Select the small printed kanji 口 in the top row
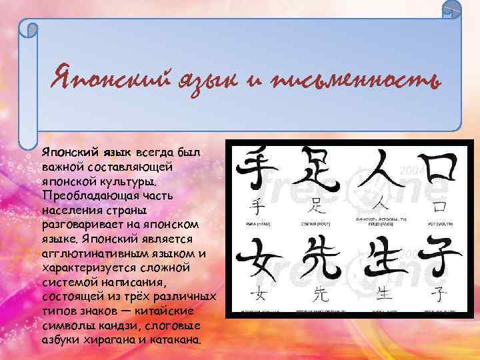(439, 204)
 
